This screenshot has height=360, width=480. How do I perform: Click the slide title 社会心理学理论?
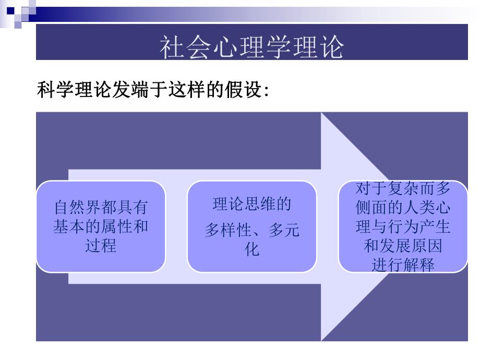[x=251, y=47]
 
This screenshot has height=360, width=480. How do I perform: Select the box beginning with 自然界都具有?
[x=101, y=226]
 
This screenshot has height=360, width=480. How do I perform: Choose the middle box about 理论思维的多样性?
[x=252, y=226]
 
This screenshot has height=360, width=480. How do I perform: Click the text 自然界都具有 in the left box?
[x=101, y=208]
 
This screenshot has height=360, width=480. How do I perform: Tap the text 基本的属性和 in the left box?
[x=101, y=226]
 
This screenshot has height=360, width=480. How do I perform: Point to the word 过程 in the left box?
[x=101, y=245]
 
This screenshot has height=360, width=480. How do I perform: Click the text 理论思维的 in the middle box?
[x=252, y=204]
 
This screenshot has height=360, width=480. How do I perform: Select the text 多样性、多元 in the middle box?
[x=252, y=230]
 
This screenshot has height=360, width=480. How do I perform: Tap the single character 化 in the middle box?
[x=252, y=249]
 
